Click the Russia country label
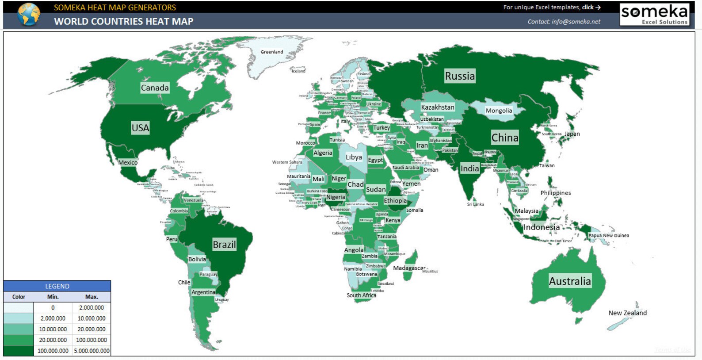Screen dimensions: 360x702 (460, 76)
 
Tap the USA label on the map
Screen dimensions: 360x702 (140, 128)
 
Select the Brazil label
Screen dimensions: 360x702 (224, 245)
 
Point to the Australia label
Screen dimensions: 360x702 (569, 281)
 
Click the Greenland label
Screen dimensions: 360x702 (271, 52)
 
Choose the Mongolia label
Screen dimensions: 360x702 (499, 111)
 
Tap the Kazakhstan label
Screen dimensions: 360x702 (437, 107)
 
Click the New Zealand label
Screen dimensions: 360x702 (627, 313)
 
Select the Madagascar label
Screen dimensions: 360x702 (409, 268)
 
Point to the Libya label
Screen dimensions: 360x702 (354, 157)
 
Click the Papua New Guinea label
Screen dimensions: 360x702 (608, 236)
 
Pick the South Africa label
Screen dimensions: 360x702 (361, 295)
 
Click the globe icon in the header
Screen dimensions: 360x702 (29, 14)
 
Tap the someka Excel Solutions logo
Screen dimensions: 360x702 (654, 14)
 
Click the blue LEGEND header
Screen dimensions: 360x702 (57, 286)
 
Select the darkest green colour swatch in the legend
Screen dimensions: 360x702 (18, 351)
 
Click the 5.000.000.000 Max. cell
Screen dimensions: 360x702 (92, 351)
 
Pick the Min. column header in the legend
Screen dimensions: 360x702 (53, 297)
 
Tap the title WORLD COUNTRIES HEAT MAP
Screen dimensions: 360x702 (123, 21)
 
